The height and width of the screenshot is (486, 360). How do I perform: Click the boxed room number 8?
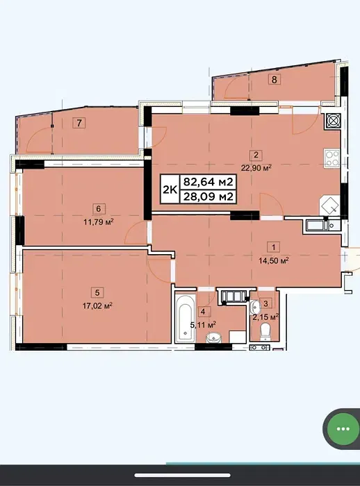275,80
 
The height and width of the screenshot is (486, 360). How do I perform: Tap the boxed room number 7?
79,123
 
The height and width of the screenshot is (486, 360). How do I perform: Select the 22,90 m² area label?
256,168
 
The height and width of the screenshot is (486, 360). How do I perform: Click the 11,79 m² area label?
99,222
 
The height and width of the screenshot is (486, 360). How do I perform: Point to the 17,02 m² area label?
97,306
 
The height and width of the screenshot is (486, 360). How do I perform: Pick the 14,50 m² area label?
274,260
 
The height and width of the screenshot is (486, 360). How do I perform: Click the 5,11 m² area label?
203,325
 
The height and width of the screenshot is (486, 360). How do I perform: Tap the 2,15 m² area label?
265,317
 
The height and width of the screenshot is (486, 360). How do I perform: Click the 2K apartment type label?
170,189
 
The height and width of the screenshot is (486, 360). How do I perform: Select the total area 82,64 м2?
208,182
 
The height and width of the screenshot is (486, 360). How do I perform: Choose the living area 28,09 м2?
208,196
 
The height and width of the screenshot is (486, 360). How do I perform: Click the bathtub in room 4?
186,317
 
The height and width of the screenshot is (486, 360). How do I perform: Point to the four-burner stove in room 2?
332,158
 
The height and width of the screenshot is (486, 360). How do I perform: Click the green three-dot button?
343,429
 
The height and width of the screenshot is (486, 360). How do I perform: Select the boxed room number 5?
97,292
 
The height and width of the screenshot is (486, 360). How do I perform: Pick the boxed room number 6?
99,209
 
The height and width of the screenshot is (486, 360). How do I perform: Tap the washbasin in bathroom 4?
214,337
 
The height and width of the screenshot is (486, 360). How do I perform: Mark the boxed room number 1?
273,247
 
